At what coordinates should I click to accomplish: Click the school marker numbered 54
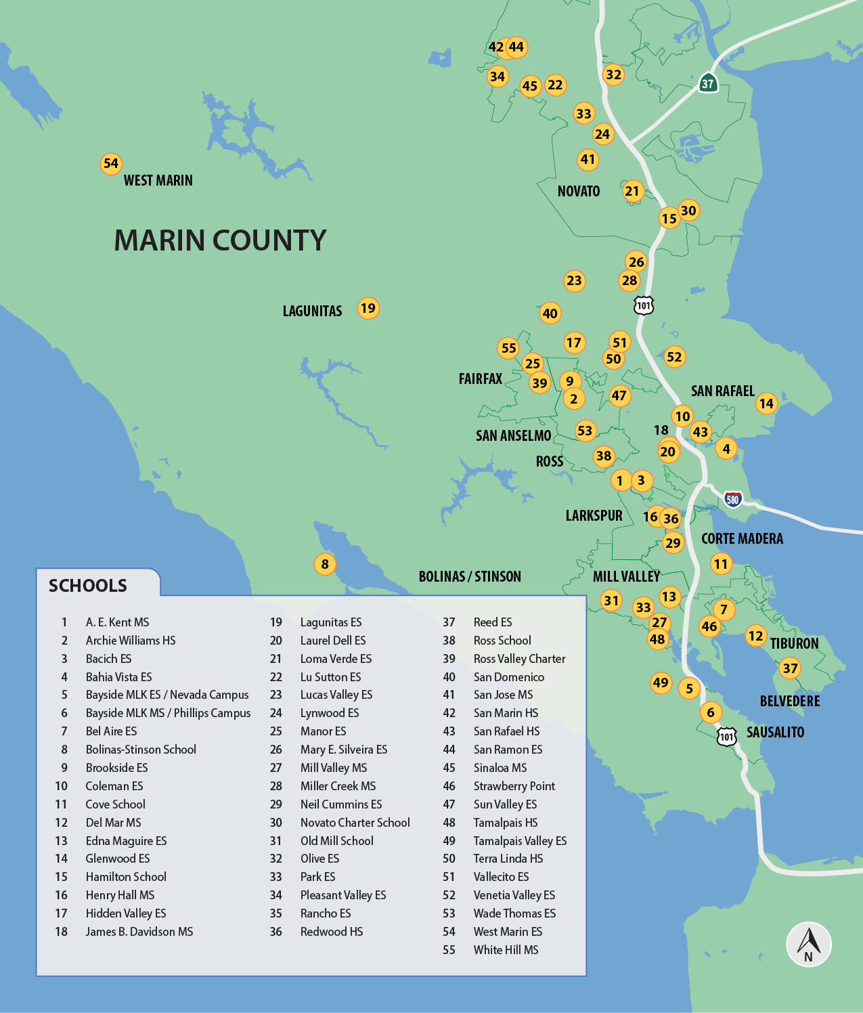tap(111, 163)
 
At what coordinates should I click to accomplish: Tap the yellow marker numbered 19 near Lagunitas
tap(368, 308)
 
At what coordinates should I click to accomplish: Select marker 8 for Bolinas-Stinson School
tap(325, 564)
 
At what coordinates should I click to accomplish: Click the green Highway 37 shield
tap(708, 83)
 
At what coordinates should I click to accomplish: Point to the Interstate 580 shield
tap(732, 500)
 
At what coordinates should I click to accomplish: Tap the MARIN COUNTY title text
tap(220, 240)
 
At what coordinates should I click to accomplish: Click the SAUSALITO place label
tap(775, 732)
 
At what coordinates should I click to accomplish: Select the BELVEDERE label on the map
tap(789, 701)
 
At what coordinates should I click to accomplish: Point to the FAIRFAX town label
tap(481, 379)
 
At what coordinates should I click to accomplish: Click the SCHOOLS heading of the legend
tap(88, 586)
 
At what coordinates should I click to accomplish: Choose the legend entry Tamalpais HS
tap(505, 823)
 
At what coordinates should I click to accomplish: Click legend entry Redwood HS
tap(332, 932)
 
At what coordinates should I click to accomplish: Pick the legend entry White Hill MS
tap(506, 950)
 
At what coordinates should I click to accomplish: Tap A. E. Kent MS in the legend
tap(117, 622)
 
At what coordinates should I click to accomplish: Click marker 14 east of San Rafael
tap(766, 404)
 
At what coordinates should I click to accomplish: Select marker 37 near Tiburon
tap(790, 668)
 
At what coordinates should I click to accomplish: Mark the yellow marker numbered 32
tap(614, 74)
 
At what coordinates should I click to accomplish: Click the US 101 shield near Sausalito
tap(726, 736)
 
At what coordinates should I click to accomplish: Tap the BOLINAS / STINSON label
tap(470, 576)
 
